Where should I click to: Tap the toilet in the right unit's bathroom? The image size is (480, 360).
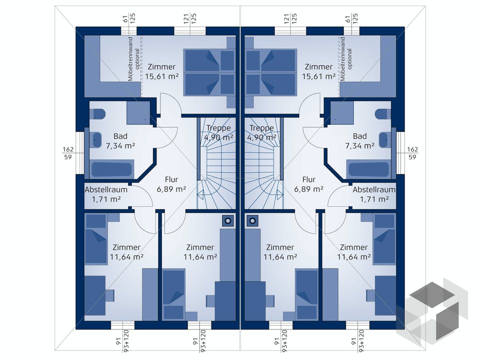coord(382,114)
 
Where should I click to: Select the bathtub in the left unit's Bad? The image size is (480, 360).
coord(112,168)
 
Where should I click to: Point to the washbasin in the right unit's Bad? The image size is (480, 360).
coord(384,140)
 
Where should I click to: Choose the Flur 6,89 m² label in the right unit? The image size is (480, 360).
coord(309,184)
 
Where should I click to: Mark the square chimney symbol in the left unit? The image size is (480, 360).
coord(228,220)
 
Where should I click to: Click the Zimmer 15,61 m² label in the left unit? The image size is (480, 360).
coord(161,71)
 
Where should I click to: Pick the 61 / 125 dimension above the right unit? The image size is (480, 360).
coord(352,19)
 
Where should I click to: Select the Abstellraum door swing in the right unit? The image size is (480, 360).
coord(337,197)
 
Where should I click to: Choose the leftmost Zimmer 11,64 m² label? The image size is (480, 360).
coord(126,252)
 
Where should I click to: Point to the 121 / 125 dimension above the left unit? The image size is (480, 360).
coord(189,19)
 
